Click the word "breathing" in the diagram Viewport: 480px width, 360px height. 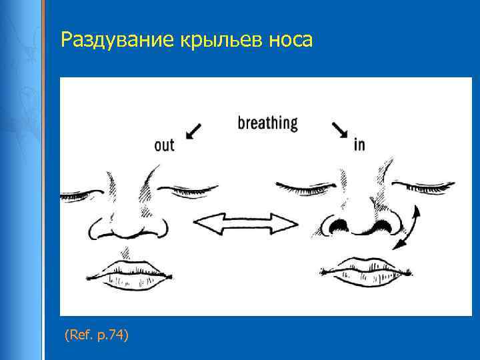267,123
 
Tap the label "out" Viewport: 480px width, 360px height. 164,145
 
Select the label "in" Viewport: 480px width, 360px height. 359,144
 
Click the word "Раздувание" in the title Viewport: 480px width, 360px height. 116,41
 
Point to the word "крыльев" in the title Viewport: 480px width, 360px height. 213,41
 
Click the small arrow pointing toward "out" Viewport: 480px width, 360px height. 194,130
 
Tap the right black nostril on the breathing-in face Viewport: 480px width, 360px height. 383,226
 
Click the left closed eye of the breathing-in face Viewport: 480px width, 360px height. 303,185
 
